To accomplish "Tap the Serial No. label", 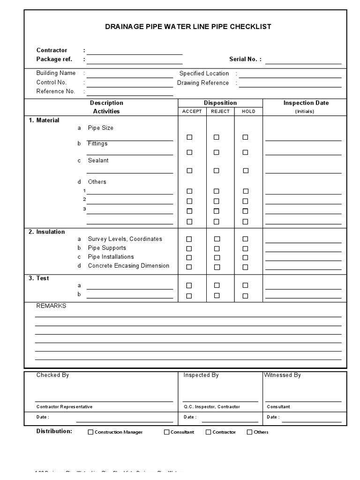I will pyautogui.click(x=245, y=60).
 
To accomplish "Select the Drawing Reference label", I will pyautogui.click(x=203, y=83).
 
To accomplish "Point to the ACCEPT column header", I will pyautogui.click(x=192, y=112).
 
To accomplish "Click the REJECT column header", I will pyautogui.click(x=220, y=112).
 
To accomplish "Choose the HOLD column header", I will pyautogui.click(x=248, y=112).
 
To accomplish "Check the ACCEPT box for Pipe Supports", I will pyautogui.click(x=189, y=248).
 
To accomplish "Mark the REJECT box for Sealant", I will pyautogui.click(x=217, y=171).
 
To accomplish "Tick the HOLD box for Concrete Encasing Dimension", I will pyautogui.click(x=245, y=267).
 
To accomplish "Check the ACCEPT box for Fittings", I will pyautogui.click(x=189, y=152).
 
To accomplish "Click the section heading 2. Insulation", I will pyautogui.click(x=47, y=232).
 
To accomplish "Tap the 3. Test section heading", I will pyautogui.click(x=39, y=278).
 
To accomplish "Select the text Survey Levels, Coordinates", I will pyautogui.click(x=125, y=239).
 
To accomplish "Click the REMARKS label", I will pyautogui.click(x=52, y=306).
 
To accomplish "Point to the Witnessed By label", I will pyautogui.click(x=283, y=375).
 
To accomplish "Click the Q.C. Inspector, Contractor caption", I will pyautogui.click(x=212, y=407).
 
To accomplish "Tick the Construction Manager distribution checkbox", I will pyautogui.click(x=91, y=432).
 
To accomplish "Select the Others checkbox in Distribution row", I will pyautogui.click(x=250, y=432).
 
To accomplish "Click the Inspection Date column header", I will pyautogui.click(x=306, y=103).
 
